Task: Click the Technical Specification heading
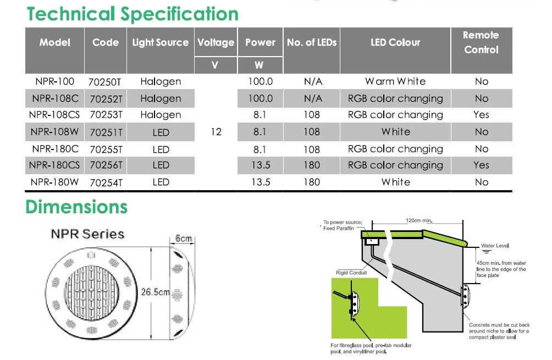(x=133, y=14)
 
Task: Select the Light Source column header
(x=160, y=42)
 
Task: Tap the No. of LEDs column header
(x=312, y=42)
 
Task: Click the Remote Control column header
(x=481, y=42)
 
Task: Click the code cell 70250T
(x=104, y=82)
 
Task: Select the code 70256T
(x=104, y=165)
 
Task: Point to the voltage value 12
(x=216, y=132)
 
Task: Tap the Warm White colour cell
(x=395, y=81)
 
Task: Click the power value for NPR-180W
(x=260, y=182)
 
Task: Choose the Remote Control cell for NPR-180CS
(x=481, y=165)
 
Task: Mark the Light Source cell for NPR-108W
(x=161, y=132)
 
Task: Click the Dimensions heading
(x=76, y=207)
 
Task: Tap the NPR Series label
(x=87, y=234)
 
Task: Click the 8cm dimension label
(x=183, y=239)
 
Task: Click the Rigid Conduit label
(x=351, y=273)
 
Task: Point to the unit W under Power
(x=259, y=65)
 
